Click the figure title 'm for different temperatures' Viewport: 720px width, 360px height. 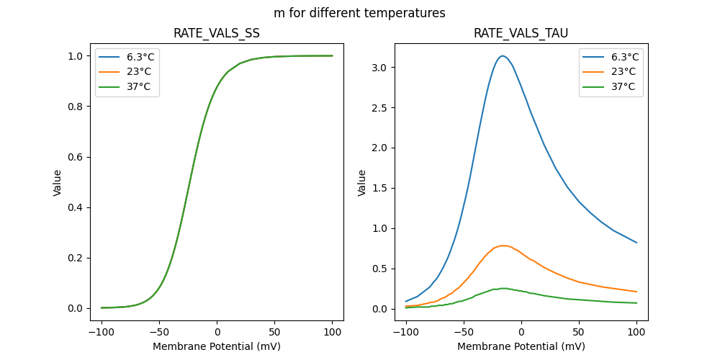pyautogui.click(x=359, y=13)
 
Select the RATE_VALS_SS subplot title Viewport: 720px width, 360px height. pyautogui.click(x=217, y=33)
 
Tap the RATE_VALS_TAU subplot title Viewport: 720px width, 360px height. pyautogui.click(x=521, y=33)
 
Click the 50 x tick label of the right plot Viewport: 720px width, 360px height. pyautogui.click(x=579, y=332)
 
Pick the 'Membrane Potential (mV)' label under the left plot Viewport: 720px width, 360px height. pyautogui.click(x=217, y=346)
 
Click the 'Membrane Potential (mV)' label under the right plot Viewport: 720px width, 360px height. pyautogui.click(x=521, y=346)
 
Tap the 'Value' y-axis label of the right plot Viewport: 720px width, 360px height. pyautogui.click(x=362, y=182)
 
